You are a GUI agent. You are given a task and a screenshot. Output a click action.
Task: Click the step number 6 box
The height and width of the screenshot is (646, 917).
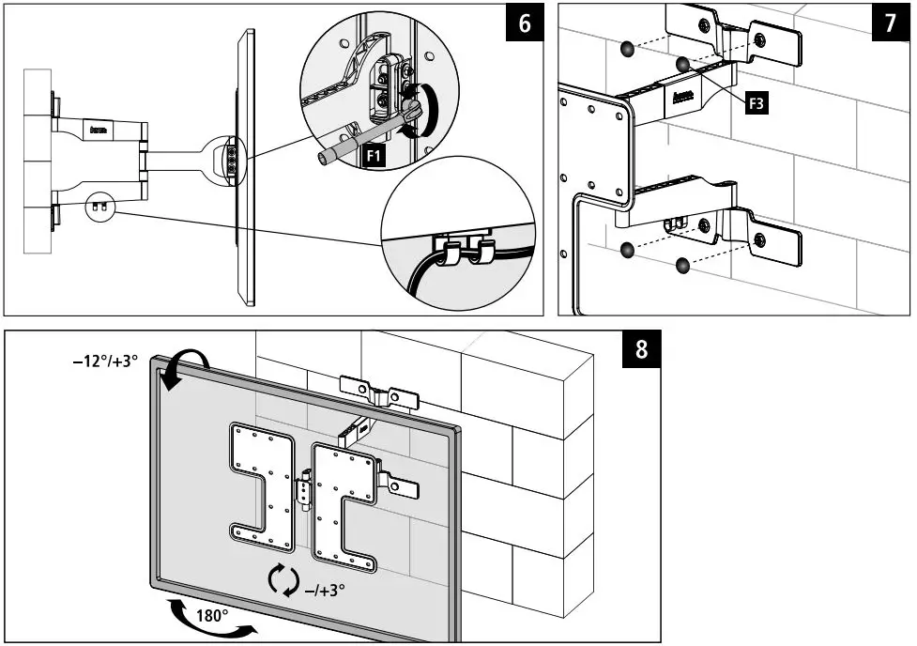(524, 23)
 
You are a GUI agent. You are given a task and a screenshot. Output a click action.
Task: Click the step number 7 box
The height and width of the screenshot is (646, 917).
(890, 23)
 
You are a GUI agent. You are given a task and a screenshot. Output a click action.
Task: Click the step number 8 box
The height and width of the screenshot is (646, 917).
(641, 349)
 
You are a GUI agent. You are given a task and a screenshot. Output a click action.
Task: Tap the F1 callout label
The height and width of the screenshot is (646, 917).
(374, 158)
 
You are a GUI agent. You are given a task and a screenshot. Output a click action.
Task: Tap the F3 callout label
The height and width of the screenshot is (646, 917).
(757, 103)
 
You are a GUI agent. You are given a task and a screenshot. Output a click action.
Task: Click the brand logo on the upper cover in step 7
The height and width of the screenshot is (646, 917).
(683, 94)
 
